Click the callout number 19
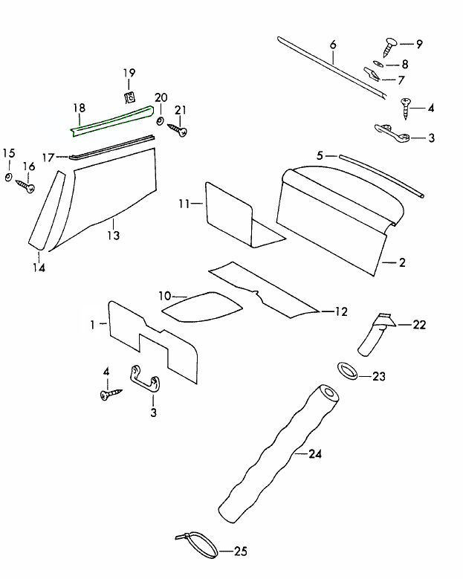coord(129,73)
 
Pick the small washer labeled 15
coord(7,177)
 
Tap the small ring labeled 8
coord(377,65)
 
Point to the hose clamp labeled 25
coord(197,545)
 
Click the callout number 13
coord(113,235)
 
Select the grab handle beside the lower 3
coord(146,375)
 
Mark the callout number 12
coord(341,312)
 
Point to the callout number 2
coord(402,262)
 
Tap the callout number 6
coord(332,44)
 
